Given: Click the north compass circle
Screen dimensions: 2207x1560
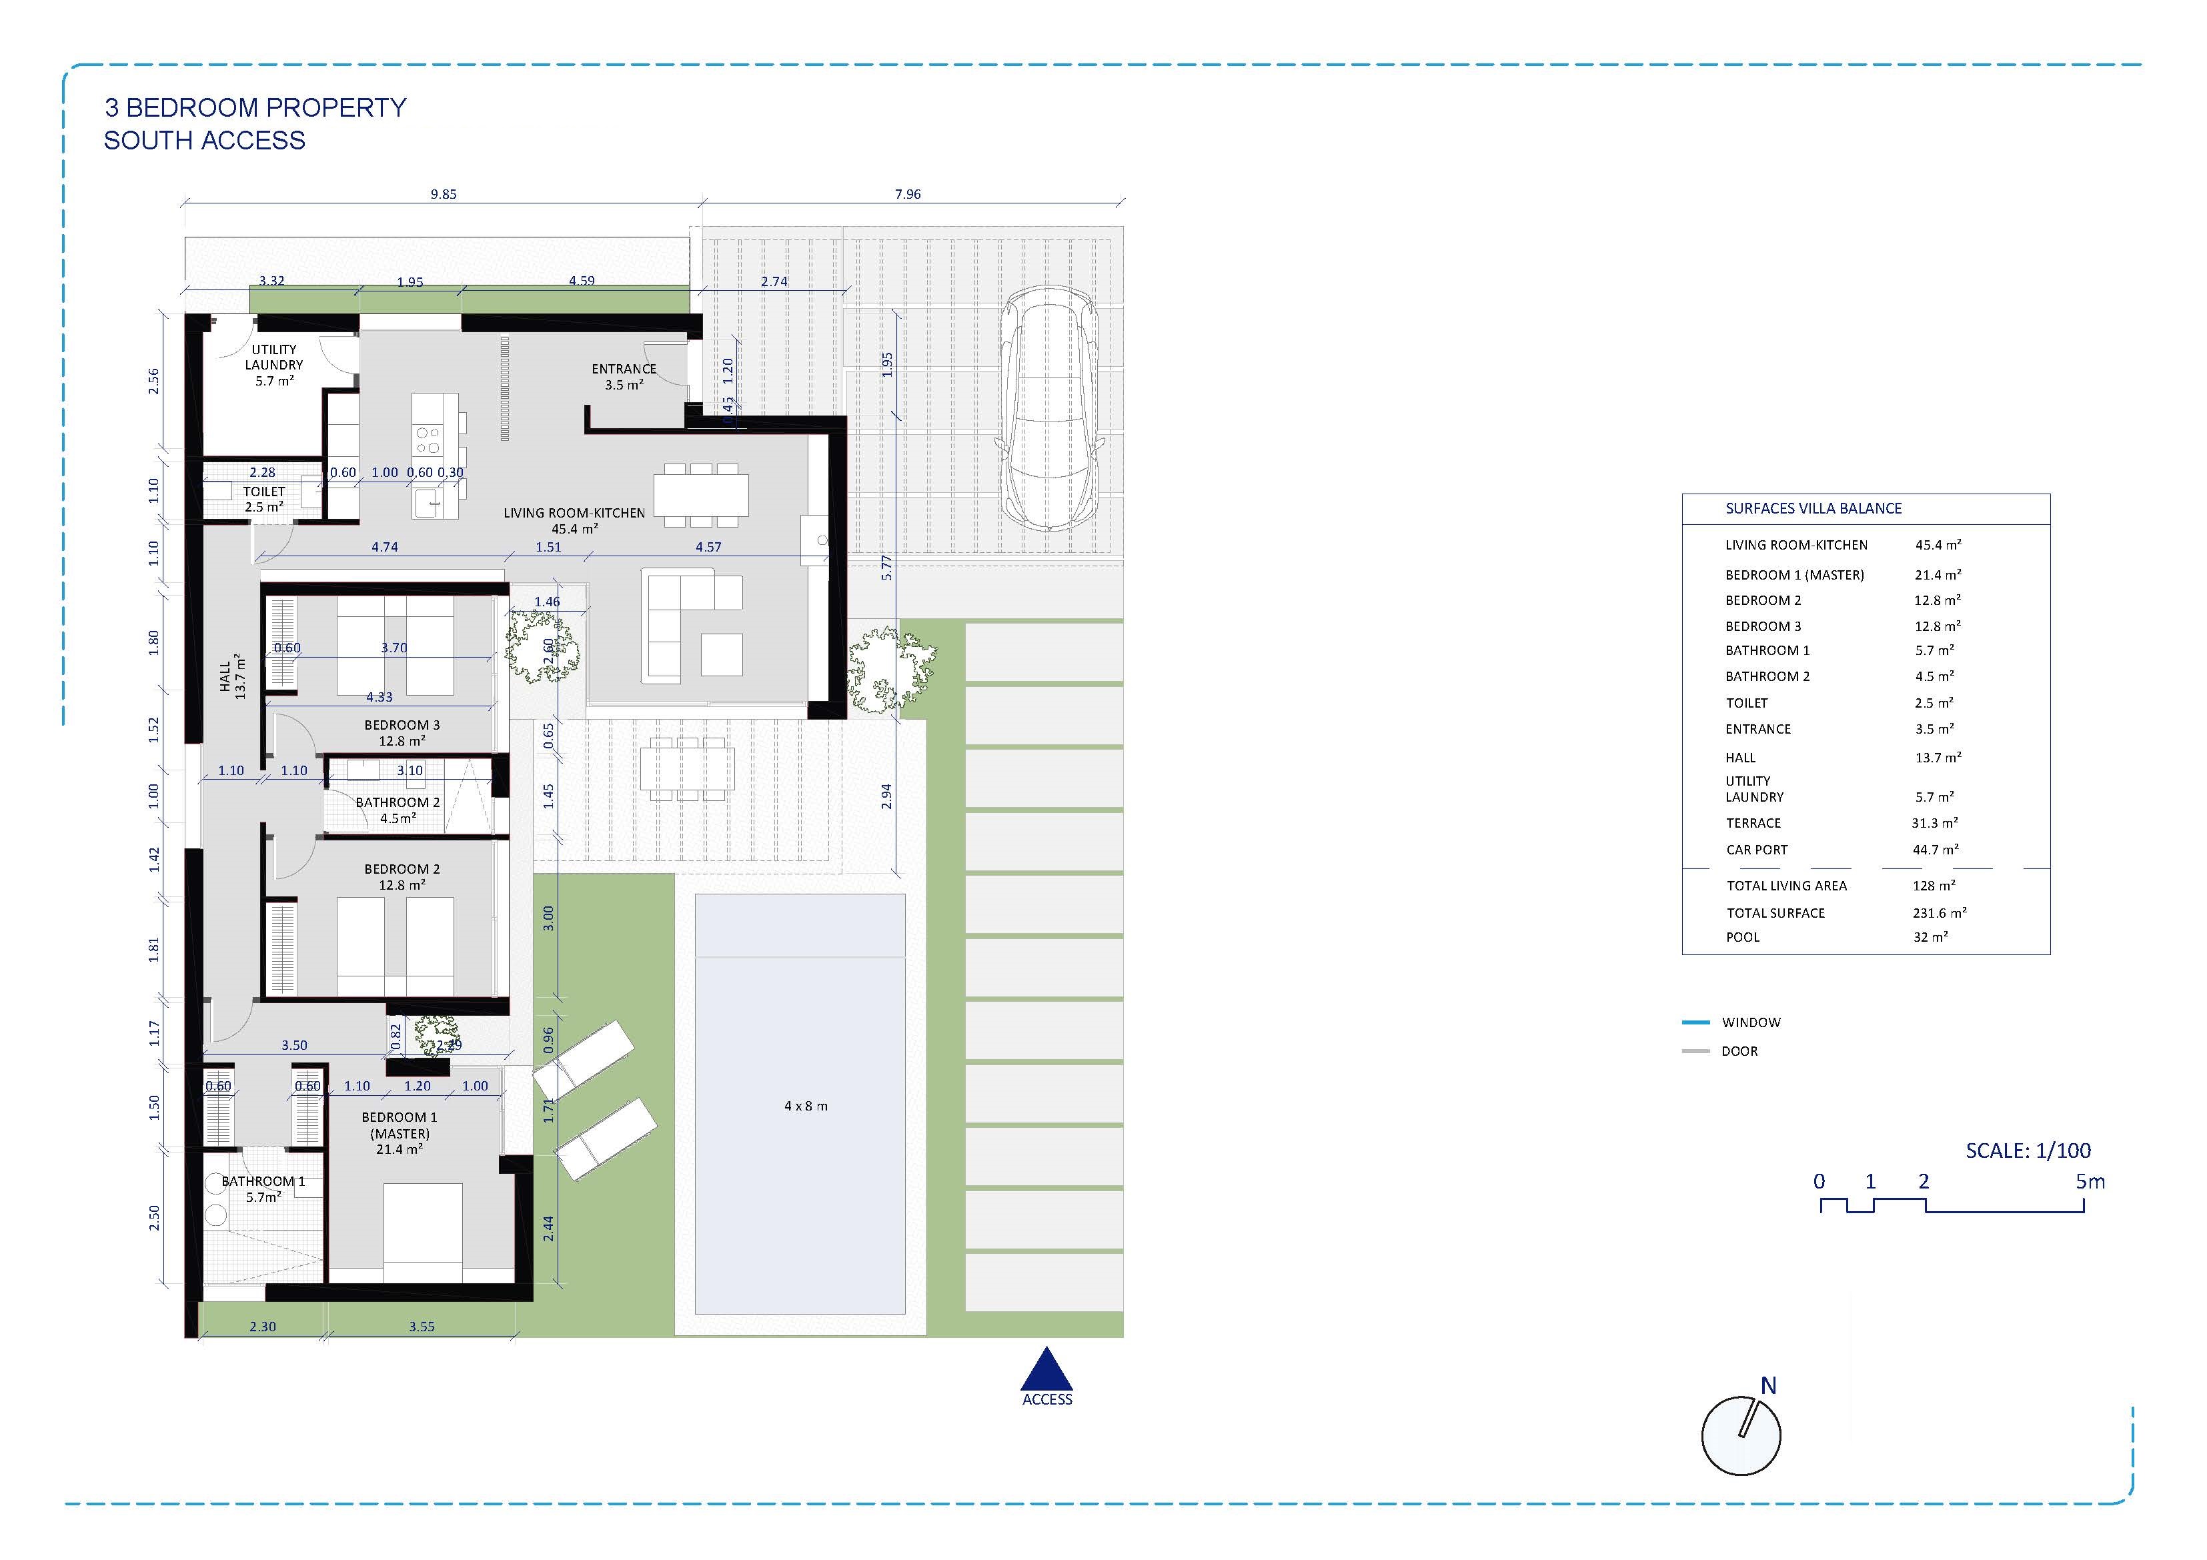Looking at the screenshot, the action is tap(1741, 1436).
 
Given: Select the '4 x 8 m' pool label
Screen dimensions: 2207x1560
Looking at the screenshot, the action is tap(806, 1106).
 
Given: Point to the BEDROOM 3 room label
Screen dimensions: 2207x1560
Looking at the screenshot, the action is tap(402, 726).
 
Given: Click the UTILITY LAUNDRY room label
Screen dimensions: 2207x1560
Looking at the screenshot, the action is tap(274, 357).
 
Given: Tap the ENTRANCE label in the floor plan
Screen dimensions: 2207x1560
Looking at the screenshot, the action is tap(624, 369).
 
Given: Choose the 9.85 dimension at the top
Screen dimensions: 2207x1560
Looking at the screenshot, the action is tap(443, 194).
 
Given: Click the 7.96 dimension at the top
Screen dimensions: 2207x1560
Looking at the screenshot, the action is tap(907, 194).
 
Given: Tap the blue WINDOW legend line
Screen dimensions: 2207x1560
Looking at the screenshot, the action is tap(1695, 1022).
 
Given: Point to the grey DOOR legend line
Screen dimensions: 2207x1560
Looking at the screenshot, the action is tap(1695, 1052).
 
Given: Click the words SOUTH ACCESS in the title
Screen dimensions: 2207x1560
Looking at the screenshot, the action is tap(205, 140).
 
